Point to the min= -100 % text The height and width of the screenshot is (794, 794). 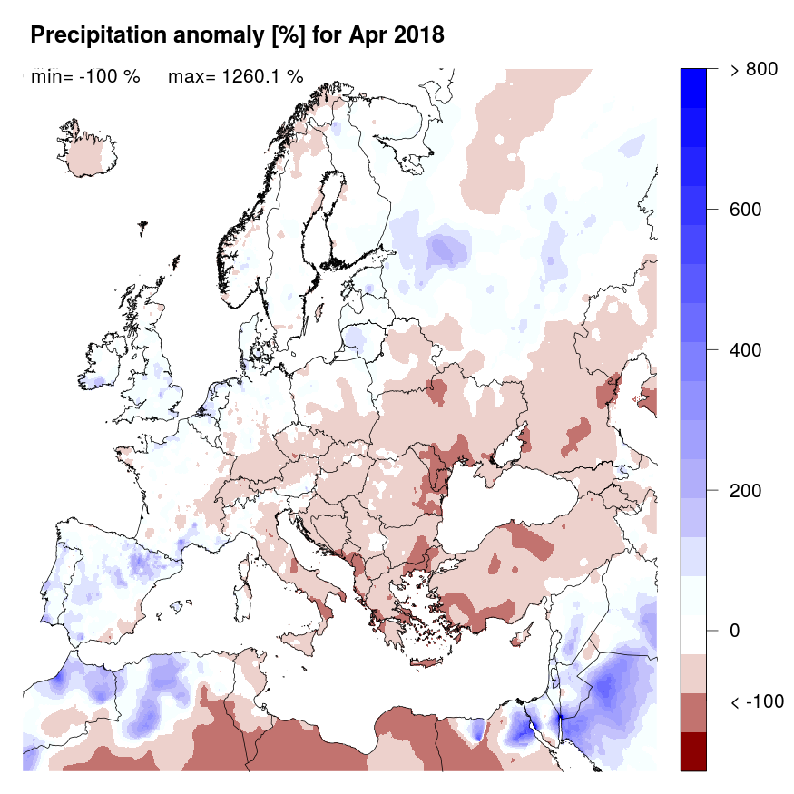point(85,77)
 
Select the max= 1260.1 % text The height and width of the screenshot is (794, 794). point(235,77)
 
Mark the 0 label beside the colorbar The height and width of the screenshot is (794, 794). point(736,631)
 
